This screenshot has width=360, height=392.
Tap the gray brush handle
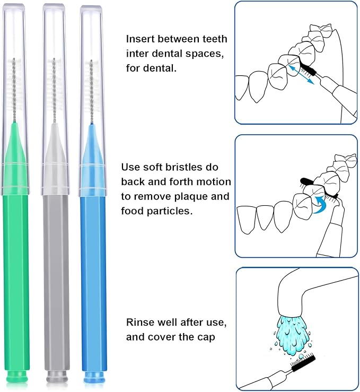56,276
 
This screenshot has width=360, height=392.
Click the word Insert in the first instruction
139,39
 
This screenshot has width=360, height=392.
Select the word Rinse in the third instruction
139,322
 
